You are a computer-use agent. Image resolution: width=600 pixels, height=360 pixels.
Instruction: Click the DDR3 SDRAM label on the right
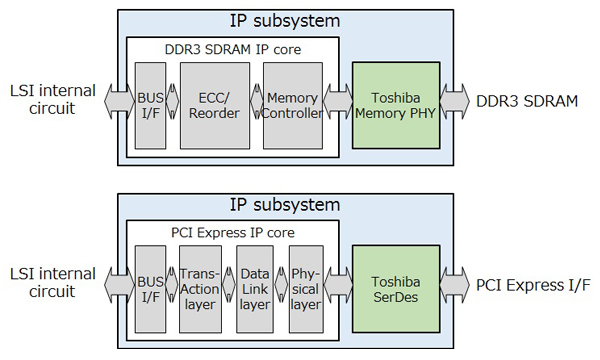524,101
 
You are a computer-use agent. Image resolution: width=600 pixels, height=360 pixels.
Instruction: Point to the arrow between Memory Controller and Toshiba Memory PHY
337,101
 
